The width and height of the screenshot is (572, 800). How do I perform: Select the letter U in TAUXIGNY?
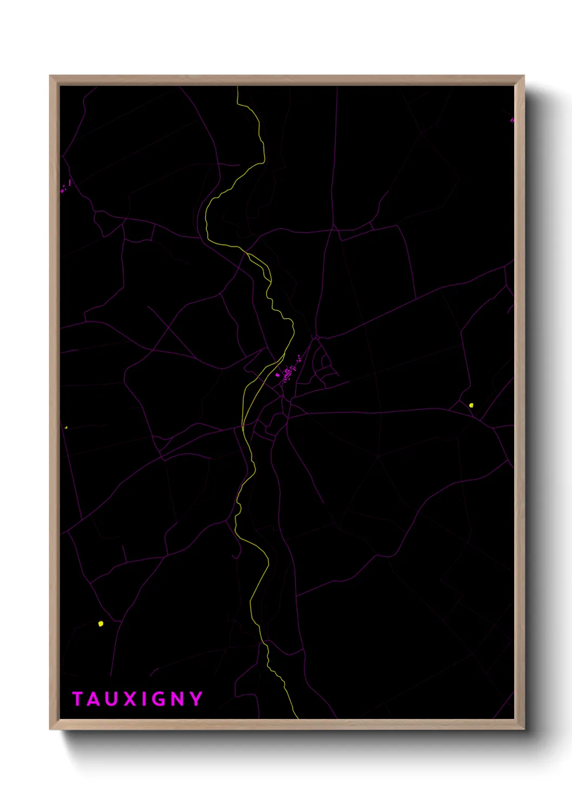[x=111, y=699]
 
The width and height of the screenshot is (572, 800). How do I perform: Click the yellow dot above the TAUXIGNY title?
[x=101, y=624]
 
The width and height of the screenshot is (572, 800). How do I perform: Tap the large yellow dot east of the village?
[x=471, y=405]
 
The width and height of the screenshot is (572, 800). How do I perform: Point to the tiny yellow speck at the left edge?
[x=66, y=428]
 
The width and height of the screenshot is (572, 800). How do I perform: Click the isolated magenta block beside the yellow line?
[x=277, y=375]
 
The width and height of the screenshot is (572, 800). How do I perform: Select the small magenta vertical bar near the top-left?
[x=70, y=183]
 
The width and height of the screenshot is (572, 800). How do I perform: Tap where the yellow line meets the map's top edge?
[x=237, y=87]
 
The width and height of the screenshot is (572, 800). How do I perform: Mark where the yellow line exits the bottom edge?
[x=297, y=718]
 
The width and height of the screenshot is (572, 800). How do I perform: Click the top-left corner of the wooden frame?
[x=50, y=76]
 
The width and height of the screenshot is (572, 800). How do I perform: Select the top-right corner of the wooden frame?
[x=523, y=76]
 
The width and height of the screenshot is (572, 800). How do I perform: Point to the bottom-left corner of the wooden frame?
[x=50, y=729]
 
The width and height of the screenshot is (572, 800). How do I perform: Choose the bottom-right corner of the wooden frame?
[x=523, y=729]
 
